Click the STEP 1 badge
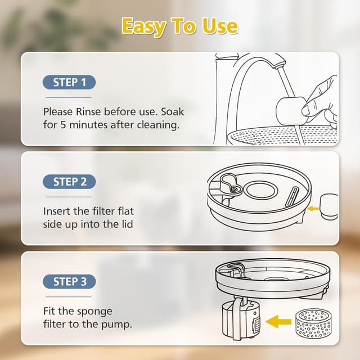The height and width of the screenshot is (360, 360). pos(69,82)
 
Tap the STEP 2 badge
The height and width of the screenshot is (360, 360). pos(69,182)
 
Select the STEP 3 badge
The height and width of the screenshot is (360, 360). pos(69,281)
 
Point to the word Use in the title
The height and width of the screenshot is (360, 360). pos(220,26)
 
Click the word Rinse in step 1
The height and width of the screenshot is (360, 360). pos(88,112)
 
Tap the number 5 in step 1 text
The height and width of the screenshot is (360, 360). pos(63,125)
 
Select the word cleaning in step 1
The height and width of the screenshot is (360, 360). pos(158,125)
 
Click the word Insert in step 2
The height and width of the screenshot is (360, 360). pos(57,211)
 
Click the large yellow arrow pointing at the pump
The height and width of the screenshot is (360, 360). pos(278,321)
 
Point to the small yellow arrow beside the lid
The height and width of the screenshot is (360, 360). pos(313,209)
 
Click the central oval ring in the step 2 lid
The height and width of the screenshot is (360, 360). pos(260,190)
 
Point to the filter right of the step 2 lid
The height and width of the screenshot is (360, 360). pos(328,206)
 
